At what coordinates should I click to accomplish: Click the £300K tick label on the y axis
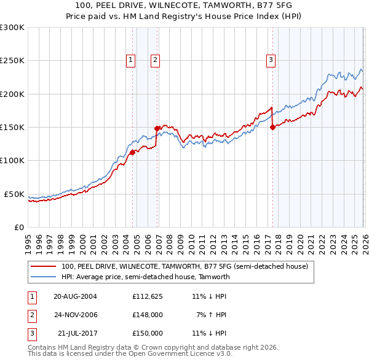12,28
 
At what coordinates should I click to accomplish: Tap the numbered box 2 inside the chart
154,60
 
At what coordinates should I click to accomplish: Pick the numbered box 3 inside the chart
271,60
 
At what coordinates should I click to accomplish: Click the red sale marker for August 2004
132,152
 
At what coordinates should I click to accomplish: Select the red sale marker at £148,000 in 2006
157,128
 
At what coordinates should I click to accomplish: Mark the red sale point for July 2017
272,128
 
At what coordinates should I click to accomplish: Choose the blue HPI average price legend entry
145,277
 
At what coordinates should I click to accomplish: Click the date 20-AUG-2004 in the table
75,296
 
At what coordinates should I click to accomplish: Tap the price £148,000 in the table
147,315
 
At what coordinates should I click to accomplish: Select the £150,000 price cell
147,333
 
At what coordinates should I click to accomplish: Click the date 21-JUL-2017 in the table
76,333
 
